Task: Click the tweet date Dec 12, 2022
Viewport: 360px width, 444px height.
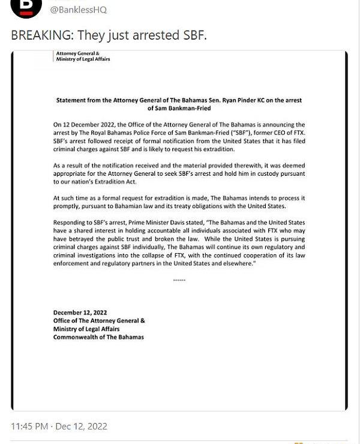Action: pos(82,427)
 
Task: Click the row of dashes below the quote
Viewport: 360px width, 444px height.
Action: pos(179,280)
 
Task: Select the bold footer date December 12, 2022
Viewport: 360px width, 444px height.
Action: pos(80,313)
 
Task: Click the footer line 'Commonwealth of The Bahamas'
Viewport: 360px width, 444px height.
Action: pos(98,337)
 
